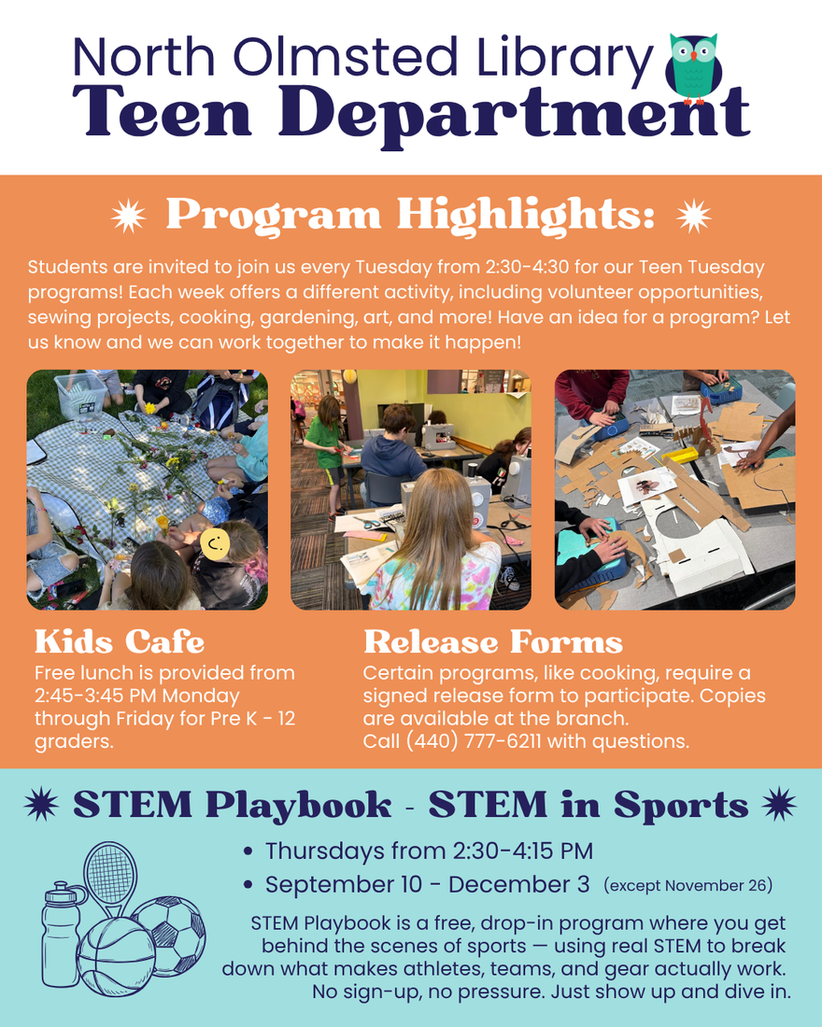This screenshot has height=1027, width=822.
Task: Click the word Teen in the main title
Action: pos(162,110)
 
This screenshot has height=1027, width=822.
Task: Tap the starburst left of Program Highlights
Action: pos(129,216)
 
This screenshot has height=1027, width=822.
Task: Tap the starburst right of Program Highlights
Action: pos(693,216)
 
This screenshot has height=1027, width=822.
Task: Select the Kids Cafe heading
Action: pos(120,641)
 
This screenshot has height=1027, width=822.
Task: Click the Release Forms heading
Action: pos(493,641)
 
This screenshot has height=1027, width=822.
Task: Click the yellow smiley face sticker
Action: pos(215,543)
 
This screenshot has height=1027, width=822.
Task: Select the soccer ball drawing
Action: pos(170,934)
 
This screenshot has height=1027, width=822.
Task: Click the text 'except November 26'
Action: pos(688,885)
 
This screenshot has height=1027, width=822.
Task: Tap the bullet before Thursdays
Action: pos(248,851)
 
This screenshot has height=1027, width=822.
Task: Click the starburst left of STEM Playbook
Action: pos(41,804)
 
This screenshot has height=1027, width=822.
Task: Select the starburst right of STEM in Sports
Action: pos(779,804)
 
